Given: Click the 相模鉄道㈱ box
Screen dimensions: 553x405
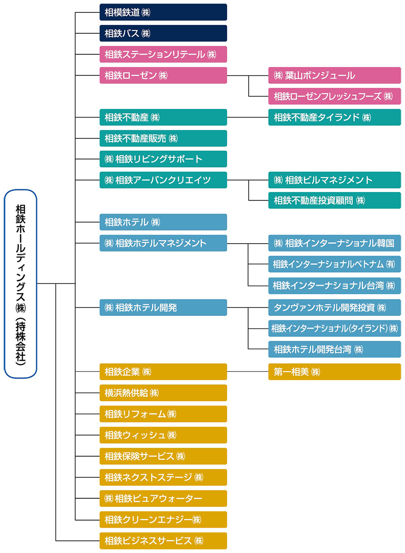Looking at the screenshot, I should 163,12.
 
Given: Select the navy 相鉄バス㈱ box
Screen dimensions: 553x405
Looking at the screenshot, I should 163,33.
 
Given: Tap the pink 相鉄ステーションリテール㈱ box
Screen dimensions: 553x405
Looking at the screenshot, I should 163,54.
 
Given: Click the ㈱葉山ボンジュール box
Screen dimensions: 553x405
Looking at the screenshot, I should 334,75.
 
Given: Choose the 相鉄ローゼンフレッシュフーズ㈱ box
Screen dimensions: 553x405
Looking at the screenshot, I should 334,96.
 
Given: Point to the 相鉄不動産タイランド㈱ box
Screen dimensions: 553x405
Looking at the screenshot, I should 334,117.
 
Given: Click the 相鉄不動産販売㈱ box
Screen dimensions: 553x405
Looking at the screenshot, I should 163,138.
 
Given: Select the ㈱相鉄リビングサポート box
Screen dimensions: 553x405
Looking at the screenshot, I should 163,159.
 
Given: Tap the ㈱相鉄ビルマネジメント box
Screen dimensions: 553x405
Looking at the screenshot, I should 334,180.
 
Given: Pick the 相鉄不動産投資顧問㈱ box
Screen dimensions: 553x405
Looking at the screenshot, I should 334,201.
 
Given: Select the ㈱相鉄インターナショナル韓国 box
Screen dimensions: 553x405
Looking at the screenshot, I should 334,243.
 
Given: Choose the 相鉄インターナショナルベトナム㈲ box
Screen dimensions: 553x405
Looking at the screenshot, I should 334,264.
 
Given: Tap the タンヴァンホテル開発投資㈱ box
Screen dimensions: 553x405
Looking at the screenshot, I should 334,307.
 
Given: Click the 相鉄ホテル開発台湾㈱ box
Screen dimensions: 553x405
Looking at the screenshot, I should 334,350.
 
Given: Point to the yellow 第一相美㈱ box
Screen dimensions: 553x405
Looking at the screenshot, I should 334,372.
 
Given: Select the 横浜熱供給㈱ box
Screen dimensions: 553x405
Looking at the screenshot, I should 163,393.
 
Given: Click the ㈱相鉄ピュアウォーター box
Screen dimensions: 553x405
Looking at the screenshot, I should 163,498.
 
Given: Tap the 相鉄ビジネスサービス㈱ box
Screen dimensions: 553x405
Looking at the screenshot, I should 163,540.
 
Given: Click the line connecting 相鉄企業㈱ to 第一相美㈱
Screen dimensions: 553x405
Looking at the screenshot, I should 247,372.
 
